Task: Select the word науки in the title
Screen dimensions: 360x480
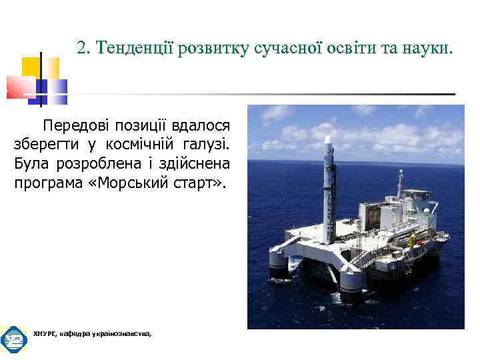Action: [427, 48]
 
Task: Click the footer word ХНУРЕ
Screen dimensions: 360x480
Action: [43, 333]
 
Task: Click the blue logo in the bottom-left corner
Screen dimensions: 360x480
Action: [13, 340]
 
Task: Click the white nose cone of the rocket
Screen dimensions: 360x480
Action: [327, 141]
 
